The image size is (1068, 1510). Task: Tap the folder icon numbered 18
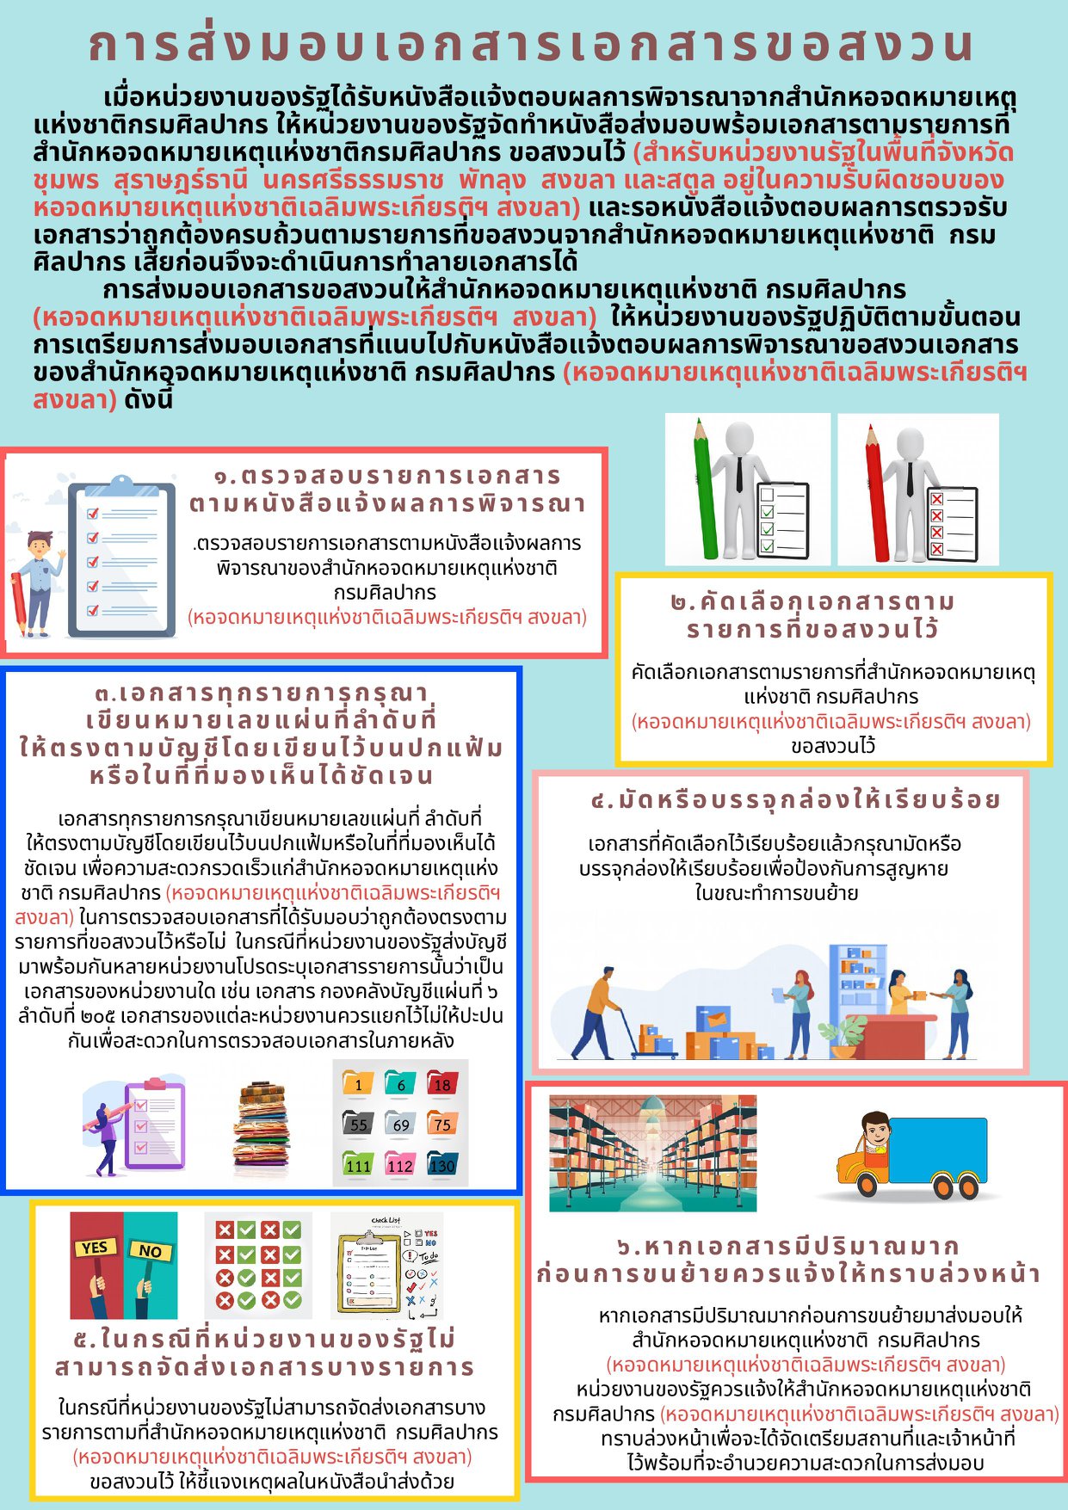tap(442, 1082)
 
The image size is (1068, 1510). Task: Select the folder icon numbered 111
tap(358, 1163)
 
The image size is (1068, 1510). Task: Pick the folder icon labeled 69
tap(400, 1123)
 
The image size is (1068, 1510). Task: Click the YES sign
tap(94, 1247)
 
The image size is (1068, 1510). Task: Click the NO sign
tap(150, 1250)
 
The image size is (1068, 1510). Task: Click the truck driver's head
tap(874, 1129)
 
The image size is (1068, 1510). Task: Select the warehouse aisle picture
tap(652, 1152)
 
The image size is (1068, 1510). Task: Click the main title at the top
tap(531, 45)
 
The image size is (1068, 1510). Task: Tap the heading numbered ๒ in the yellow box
tap(812, 615)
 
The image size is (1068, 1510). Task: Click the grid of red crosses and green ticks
tap(258, 1264)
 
